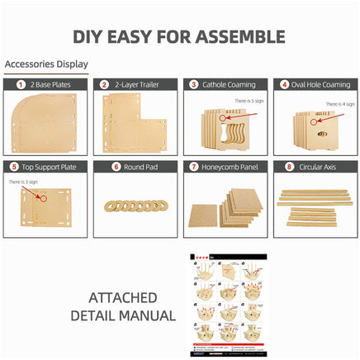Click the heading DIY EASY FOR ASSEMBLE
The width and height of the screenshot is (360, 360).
coord(179,36)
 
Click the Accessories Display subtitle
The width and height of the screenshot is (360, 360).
coord(46,64)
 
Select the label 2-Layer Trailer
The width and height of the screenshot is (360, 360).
coord(138,84)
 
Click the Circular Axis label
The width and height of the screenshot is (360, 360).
coord(318,166)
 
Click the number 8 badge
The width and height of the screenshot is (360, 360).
coord(288,166)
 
